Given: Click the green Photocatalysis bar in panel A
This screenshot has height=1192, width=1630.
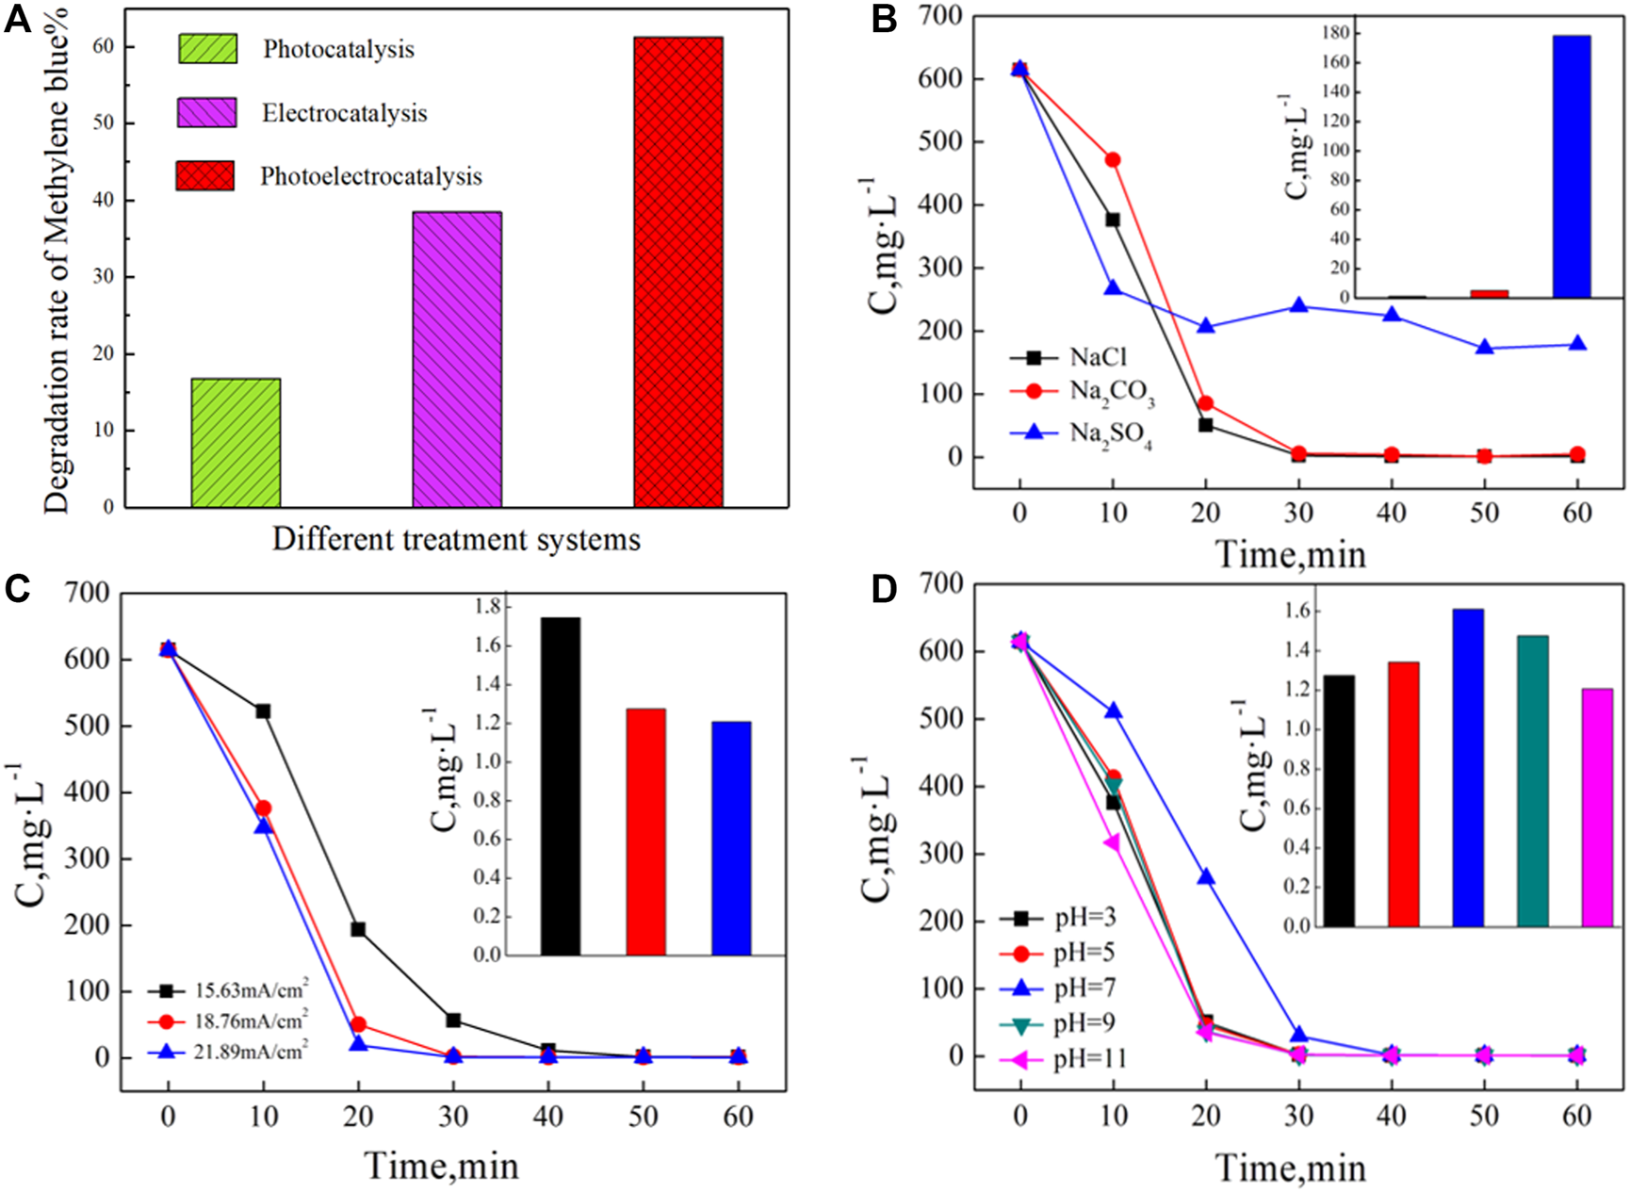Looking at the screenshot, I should tap(236, 443).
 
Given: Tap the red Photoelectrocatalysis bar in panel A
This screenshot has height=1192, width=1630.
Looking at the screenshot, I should tap(678, 272).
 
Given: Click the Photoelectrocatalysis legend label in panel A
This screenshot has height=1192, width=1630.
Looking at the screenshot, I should tap(370, 176).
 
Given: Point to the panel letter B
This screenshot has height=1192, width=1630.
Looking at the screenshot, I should tap(884, 19).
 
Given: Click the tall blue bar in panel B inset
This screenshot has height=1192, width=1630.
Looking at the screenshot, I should tap(1571, 167).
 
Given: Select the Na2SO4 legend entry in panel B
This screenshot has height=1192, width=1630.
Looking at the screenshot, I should tap(1110, 433).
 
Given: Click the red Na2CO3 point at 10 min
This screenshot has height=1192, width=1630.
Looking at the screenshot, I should tap(1113, 160).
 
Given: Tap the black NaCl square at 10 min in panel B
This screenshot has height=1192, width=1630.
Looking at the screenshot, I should tap(1113, 220).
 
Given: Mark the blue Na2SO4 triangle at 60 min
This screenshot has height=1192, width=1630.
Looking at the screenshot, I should tap(1577, 344).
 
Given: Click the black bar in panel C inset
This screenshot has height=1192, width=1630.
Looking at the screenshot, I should tap(561, 786).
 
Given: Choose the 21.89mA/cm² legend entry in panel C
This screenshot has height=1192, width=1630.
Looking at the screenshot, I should tap(251, 1052).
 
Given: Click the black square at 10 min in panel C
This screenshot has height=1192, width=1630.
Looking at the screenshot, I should tap(263, 710).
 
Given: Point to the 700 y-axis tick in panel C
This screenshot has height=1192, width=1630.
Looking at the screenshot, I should tap(87, 593).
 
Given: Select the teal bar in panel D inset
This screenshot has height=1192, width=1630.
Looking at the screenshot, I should tap(1532, 781).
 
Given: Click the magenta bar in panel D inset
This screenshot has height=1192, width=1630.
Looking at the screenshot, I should tap(1597, 808).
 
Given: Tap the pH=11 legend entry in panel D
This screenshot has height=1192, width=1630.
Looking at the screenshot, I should tap(1089, 1059).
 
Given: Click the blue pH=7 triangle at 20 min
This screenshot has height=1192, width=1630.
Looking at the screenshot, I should tap(1206, 877).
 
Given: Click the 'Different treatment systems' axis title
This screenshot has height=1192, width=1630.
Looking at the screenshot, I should tap(456, 540).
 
